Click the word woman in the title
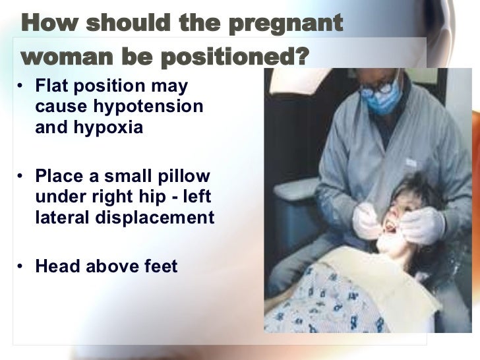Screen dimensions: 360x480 [61, 58]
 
